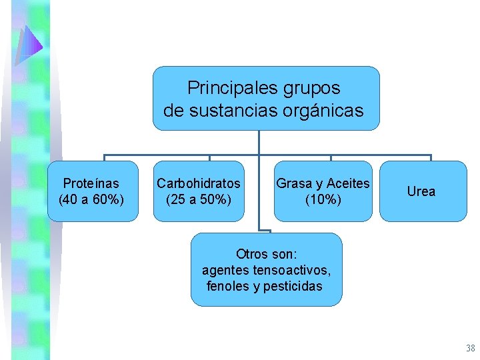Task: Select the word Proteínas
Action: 91,183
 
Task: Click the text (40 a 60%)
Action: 91,199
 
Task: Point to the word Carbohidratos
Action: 199,183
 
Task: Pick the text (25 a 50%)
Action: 199,199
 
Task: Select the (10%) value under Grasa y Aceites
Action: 323,199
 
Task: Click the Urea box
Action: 421,191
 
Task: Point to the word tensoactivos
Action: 291,270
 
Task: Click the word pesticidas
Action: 293,286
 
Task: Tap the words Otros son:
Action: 266,254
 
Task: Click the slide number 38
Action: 470,348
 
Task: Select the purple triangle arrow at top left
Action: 30,46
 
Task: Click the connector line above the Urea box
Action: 431,158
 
